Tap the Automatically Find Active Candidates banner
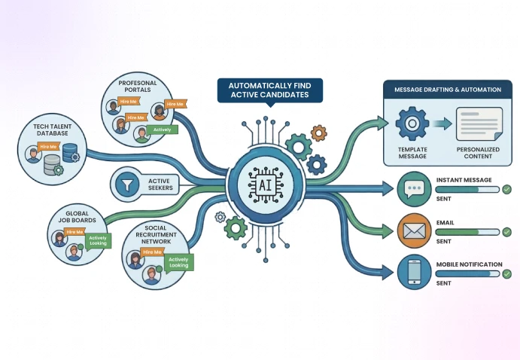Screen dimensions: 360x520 [x=270, y=90]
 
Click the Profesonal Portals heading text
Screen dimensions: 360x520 [x=137, y=85]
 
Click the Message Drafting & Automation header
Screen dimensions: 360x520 [x=447, y=90]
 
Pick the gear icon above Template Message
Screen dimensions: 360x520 [x=412, y=124]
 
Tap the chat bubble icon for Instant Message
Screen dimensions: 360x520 [x=413, y=190]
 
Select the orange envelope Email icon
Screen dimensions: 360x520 [x=413, y=231]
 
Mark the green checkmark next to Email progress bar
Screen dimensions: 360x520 [x=507, y=232]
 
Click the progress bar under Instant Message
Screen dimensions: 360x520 [x=467, y=190]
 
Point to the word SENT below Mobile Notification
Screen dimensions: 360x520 [x=444, y=284]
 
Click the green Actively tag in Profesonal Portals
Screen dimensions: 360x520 [x=162, y=130]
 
